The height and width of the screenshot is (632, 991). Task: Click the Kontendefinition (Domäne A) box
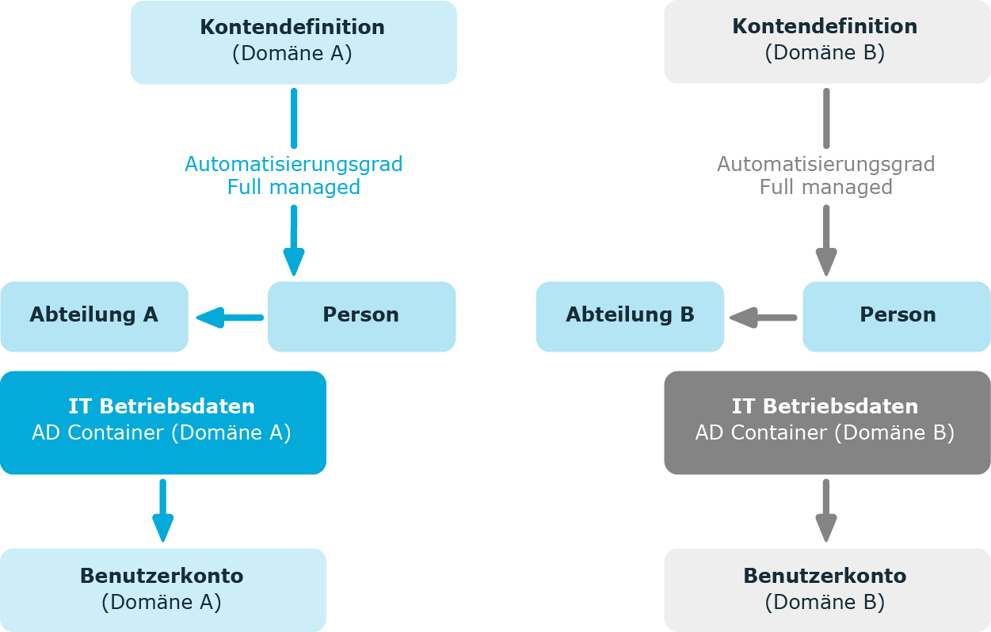pos(294,43)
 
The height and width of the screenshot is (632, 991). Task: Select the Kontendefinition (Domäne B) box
pos(827,42)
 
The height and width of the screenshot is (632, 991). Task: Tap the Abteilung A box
pos(94,317)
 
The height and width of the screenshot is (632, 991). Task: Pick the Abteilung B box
pos(630,317)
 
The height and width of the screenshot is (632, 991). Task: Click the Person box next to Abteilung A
pos(361,317)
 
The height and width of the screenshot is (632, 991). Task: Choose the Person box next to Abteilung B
pos(896,317)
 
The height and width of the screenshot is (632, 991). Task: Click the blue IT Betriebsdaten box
pos(163,423)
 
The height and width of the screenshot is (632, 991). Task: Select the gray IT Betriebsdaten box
pos(827,423)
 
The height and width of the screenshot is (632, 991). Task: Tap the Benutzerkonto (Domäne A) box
pos(163,590)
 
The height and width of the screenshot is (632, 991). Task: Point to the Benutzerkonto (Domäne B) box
pos(827,590)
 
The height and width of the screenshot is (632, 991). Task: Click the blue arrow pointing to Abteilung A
pos(230,318)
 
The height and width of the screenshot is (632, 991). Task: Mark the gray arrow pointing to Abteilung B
pos(763,318)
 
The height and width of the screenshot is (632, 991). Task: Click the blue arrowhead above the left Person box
pos(294,262)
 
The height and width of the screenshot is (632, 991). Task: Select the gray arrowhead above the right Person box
pos(826,262)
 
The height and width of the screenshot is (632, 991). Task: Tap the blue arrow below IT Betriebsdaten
pos(163,510)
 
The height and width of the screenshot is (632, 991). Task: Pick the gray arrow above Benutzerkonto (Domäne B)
pos(826,510)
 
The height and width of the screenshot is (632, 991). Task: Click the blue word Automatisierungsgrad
pos(294,165)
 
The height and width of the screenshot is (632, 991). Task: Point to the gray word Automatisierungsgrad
pos(826,165)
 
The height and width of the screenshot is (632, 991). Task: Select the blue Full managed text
pos(294,187)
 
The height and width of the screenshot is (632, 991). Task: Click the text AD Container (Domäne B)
pos(825,432)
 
